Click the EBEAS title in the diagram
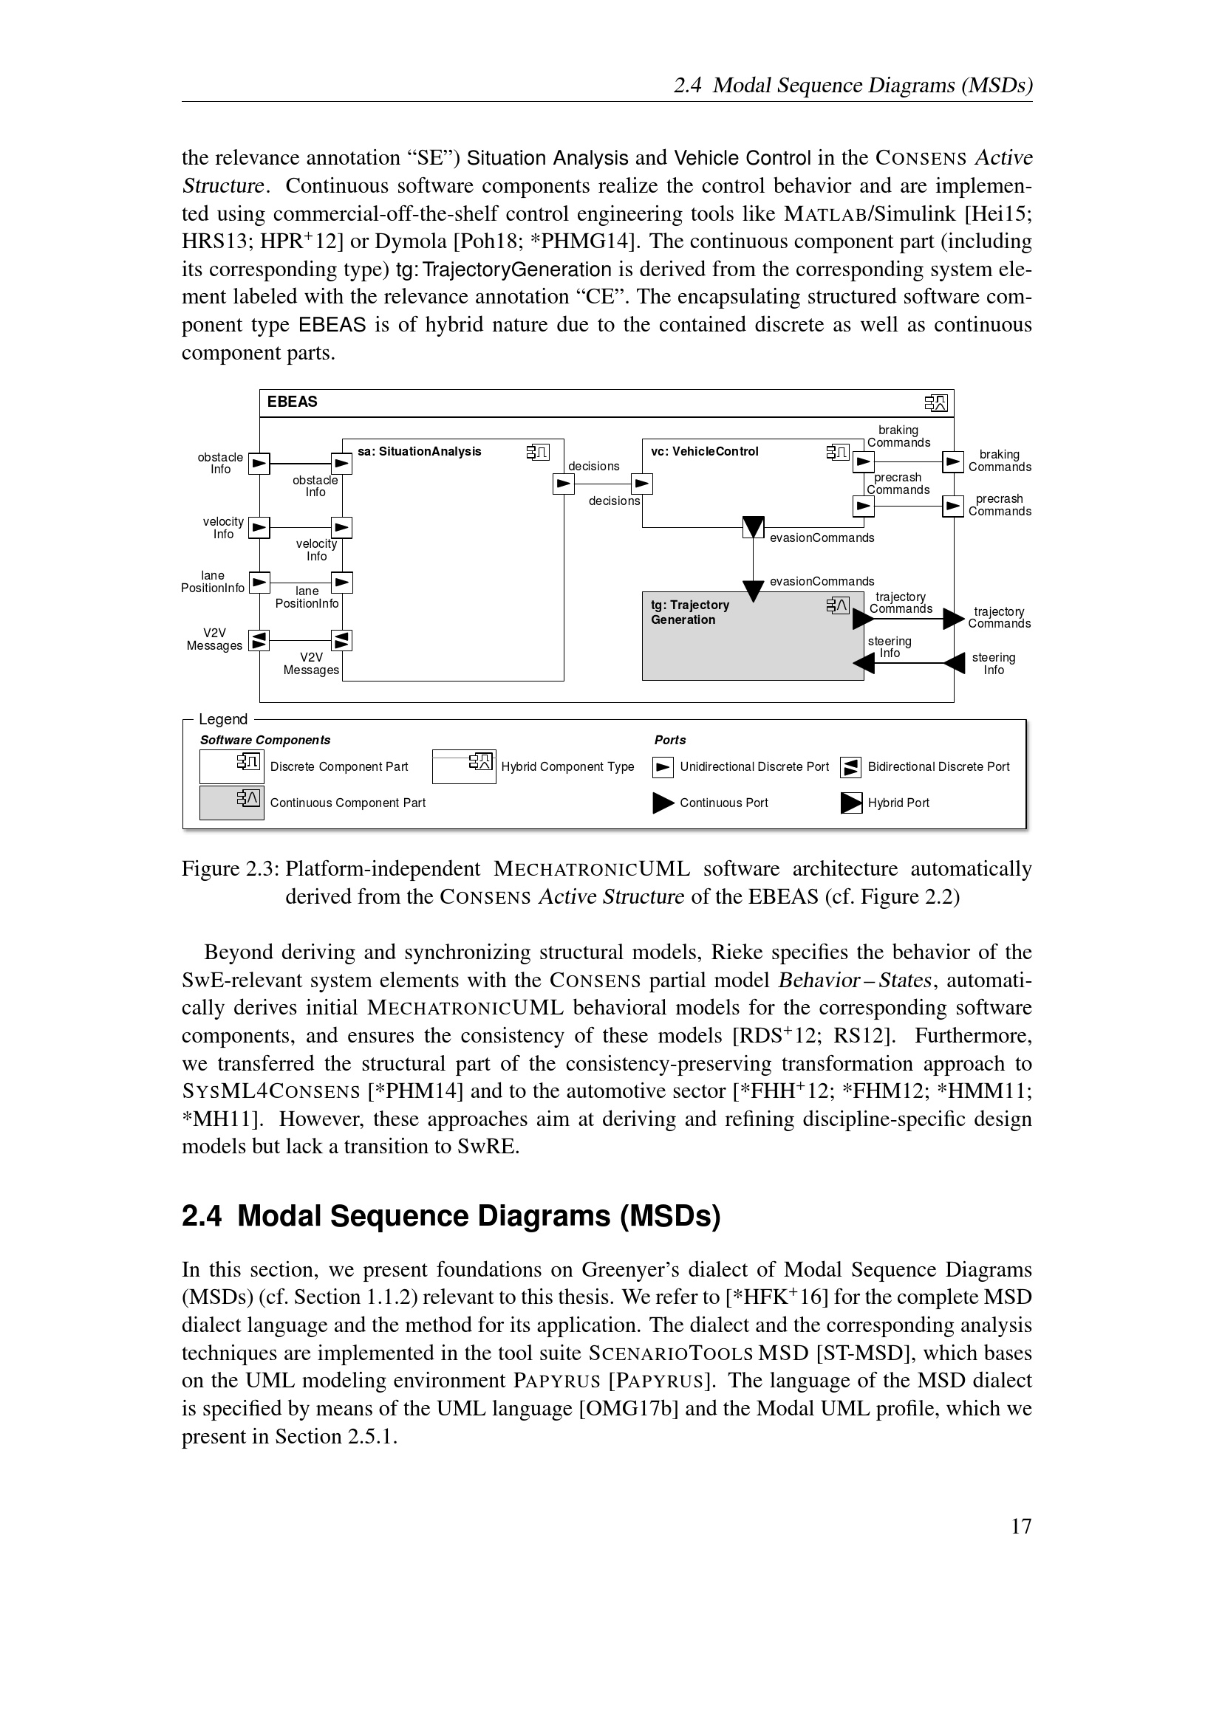292,402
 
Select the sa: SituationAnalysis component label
419,451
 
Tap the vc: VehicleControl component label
704,451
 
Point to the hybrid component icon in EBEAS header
936,403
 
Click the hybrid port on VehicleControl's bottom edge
753,527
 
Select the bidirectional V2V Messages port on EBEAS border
259,641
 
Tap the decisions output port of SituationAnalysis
564,484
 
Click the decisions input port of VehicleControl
642,484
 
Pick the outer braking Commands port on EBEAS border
953,461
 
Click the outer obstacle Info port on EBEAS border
259,464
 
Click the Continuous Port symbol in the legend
663,803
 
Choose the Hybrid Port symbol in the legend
851,803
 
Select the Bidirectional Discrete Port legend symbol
851,767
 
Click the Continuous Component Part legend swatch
232,803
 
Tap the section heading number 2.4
202,1216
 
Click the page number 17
1021,1526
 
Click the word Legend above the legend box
222,719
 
